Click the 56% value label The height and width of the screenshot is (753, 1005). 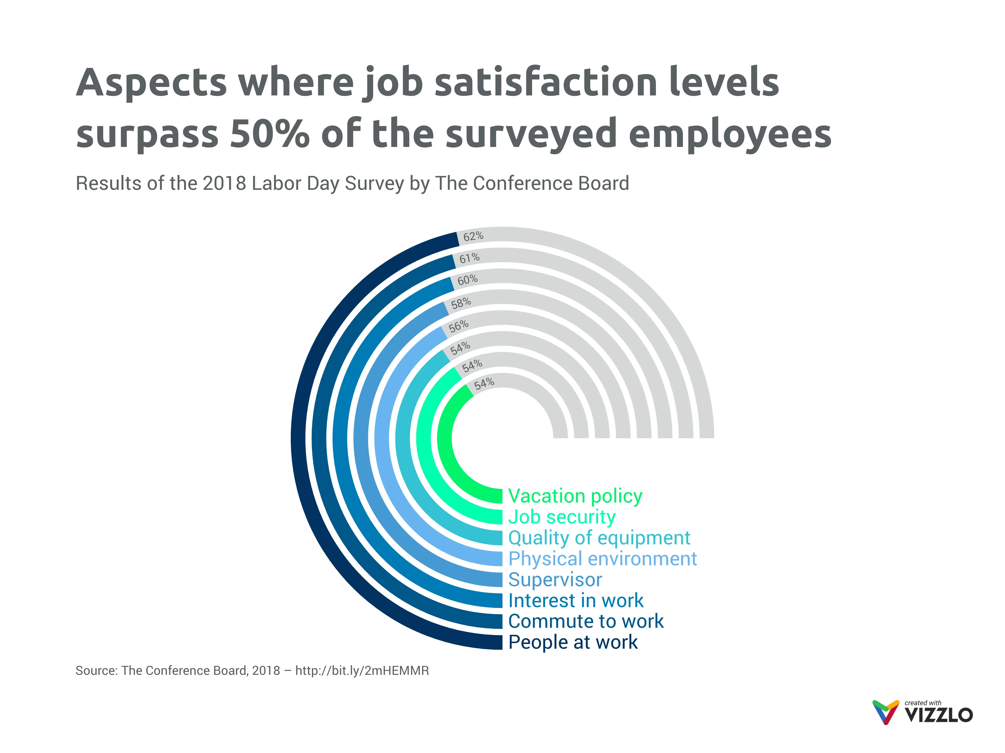pos(459,326)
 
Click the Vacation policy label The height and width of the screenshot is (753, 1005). pos(575,496)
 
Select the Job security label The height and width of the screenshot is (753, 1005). pos(562,517)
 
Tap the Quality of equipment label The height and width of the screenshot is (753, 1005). pos(599,537)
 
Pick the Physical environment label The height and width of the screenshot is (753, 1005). pos(602,558)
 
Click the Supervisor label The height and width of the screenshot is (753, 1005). pos(555,580)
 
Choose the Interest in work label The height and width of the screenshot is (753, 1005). pos(576,601)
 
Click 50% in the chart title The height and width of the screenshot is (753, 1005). pos(269,134)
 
